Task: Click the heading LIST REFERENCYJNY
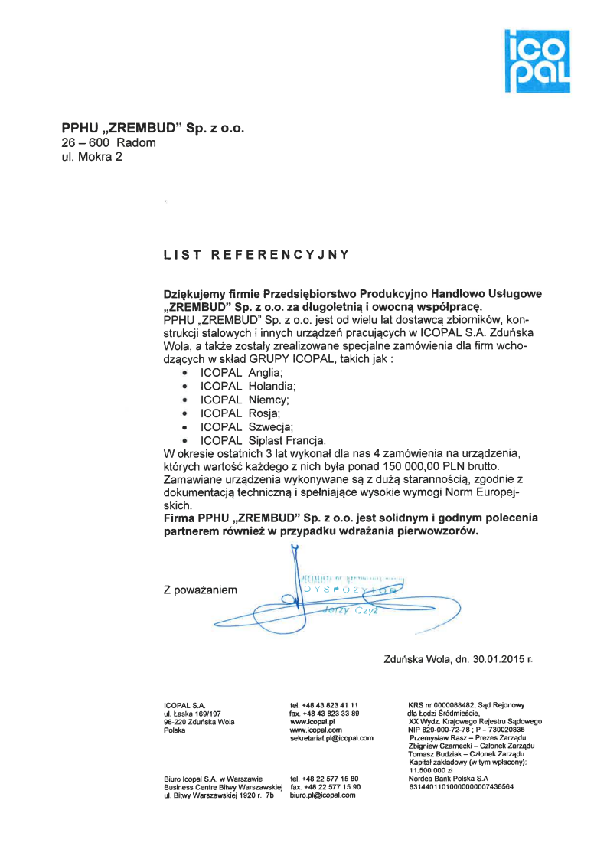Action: tap(256, 254)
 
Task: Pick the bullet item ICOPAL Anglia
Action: tap(230, 371)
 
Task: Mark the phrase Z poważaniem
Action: tap(201, 590)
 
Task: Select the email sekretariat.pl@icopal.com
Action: tap(331, 738)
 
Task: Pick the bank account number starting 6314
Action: tap(462, 787)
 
